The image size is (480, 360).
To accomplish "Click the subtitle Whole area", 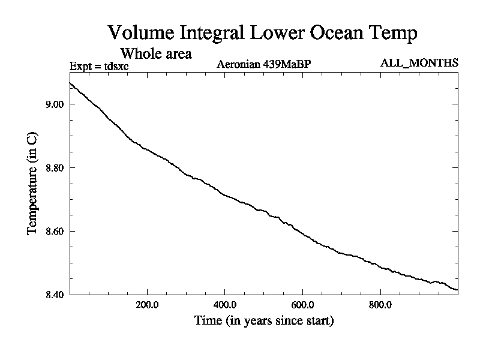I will (x=156, y=53).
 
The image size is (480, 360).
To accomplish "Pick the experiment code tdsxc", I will (x=115, y=65).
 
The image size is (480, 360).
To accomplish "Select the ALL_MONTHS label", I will (x=419, y=63).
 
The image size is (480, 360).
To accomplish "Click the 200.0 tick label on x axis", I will (x=146, y=305).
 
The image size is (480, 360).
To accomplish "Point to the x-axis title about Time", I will (x=264, y=321).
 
